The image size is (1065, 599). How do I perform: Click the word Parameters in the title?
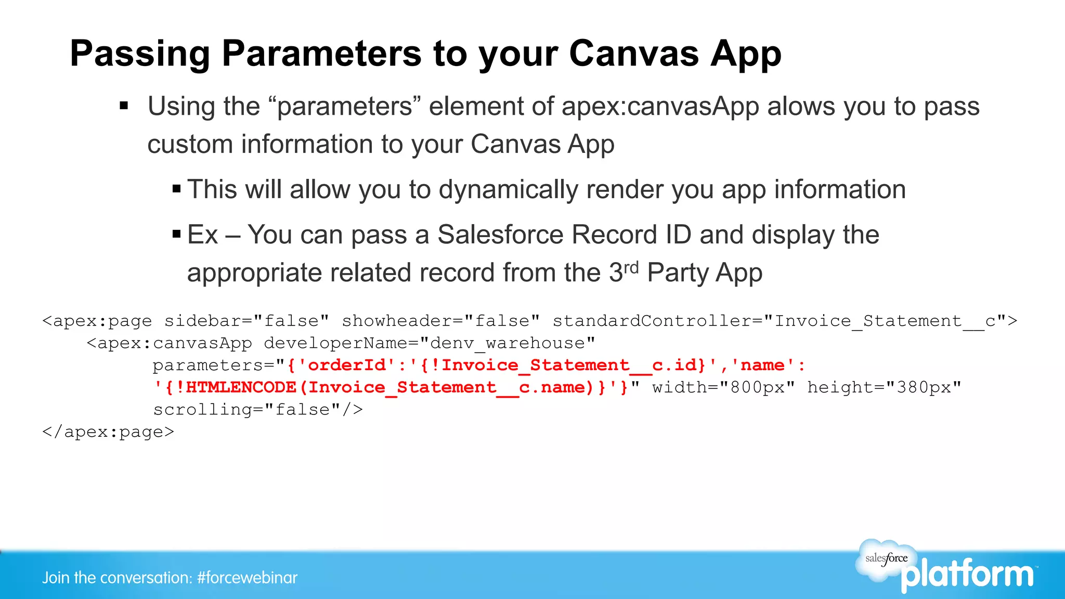(x=321, y=54)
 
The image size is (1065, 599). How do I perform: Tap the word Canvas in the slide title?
(x=634, y=54)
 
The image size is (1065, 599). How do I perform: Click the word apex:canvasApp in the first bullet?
(x=660, y=107)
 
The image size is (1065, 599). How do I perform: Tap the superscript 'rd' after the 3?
(x=631, y=267)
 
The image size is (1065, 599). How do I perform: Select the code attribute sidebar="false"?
(x=246, y=321)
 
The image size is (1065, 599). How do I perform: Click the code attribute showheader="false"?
(x=440, y=321)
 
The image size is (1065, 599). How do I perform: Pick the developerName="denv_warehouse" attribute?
(x=429, y=344)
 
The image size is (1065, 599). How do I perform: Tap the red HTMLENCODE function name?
(x=241, y=388)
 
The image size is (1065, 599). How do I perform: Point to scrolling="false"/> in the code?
(x=257, y=410)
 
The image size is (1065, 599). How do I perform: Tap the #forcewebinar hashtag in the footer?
(x=247, y=578)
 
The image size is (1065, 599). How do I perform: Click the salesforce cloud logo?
(x=886, y=559)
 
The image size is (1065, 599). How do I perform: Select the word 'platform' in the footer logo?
(x=967, y=575)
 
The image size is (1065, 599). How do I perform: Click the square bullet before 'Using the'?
(x=124, y=107)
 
